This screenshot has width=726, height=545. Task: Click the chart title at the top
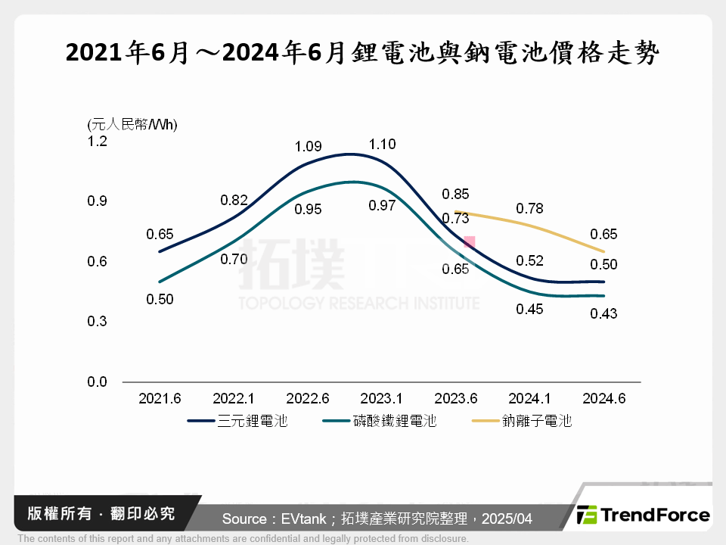point(363,54)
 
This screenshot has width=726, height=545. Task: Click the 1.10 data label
point(382,144)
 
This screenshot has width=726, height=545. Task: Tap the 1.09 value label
point(307,145)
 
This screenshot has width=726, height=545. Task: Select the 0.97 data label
point(382,205)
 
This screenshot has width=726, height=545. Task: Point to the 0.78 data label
point(529,208)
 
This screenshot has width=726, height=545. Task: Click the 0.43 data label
point(603,313)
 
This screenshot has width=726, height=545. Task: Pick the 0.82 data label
point(234,200)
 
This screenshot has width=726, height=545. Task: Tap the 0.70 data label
point(234,259)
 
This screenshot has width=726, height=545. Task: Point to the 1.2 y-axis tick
point(98,142)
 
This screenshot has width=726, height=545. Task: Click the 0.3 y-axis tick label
point(98,322)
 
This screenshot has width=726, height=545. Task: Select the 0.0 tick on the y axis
point(98,382)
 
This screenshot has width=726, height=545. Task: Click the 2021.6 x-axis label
point(160,399)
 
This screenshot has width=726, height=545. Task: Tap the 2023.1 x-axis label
point(382,399)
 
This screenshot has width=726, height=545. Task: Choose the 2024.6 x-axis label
point(603,399)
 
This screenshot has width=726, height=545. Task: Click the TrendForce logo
point(644,515)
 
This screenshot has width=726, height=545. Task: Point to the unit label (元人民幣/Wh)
point(132,124)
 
